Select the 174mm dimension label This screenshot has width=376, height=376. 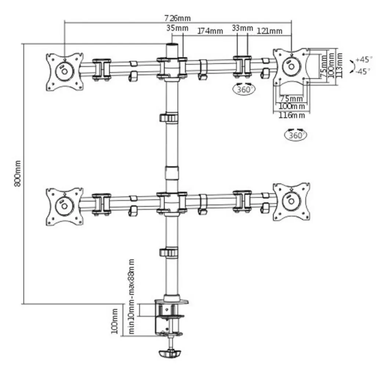(x=210, y=31)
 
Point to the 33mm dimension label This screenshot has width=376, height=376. (x=242, y=28)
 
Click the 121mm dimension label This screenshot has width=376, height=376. (x=270, y=31)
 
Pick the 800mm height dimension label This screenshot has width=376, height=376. (x=17, y=174)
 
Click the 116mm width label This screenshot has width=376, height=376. (x=292, y=115)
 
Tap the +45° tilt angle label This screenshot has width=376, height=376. (x=364, y=59)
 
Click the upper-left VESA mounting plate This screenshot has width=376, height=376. (x=64, y=72)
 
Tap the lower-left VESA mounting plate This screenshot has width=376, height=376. (x=64, y=206)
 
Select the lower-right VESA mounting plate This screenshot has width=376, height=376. (x=291, y=202)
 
